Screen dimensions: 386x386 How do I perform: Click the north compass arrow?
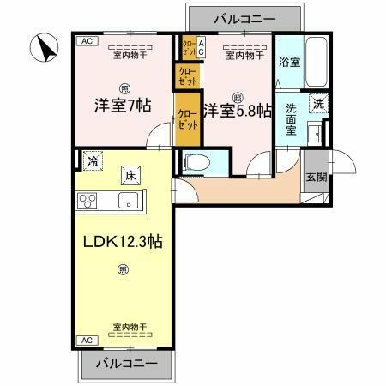[42, 48]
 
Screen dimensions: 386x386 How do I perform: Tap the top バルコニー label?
[244, 17]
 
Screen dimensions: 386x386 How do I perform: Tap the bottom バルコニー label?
[126, 364]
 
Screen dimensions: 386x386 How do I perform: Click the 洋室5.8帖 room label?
[238, 110]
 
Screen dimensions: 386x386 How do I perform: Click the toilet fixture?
[192, 160]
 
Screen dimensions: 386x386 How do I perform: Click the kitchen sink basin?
[129, 202]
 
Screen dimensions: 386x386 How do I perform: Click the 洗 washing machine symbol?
[317, 103]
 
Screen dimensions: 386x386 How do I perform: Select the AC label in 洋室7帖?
[85, 40]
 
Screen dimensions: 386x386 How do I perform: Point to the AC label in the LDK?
[85, 341]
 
